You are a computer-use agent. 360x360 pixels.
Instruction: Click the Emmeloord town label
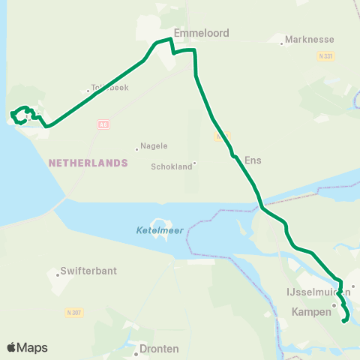point(201,33)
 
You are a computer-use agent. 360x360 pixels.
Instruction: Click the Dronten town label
point(159,349)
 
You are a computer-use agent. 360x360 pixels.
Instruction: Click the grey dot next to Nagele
point(137,148)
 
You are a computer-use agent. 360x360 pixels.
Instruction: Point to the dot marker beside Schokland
point(195,163)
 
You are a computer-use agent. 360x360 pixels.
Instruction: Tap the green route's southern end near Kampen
point(344,321)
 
